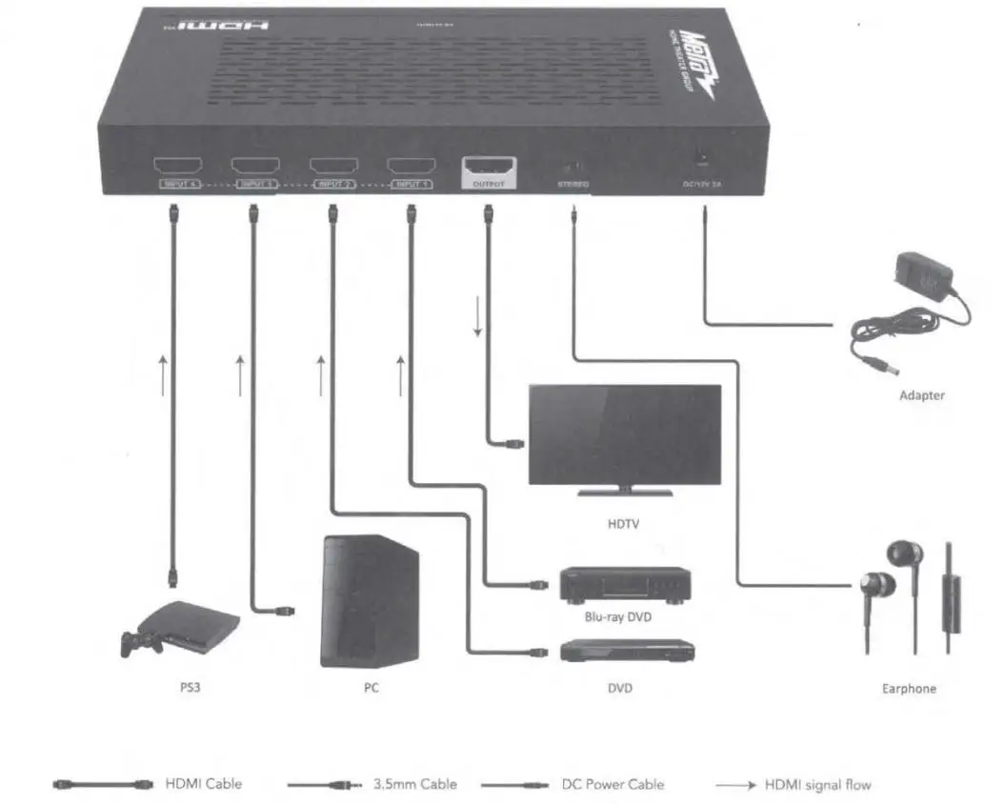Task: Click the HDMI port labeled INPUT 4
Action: pyautogui.click(x=173, y=164)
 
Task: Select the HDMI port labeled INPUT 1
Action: pyautogui.click(x=410, y=164)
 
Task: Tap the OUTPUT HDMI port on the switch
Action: pyautogui.click(x=489, y=165)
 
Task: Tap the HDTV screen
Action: pyautogui.click(x=625, y=434)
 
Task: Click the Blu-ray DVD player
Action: pyautogui.click(x=625, y=584)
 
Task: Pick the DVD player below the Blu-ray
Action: pyautogui.click(x=626, y=651)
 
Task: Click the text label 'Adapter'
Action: pyautogui.click(x=921, y=395)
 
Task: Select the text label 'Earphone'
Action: pyautogui.click(x=909, y=688)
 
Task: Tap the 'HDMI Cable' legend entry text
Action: pyautogui.click(x=204, y=784)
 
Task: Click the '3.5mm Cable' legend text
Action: pyautogui.click(x=414, y=784)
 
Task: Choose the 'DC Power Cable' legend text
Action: pyautogui.click(x=612, y=784)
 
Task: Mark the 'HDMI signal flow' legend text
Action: pyautogui.click(x=817, y=784)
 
